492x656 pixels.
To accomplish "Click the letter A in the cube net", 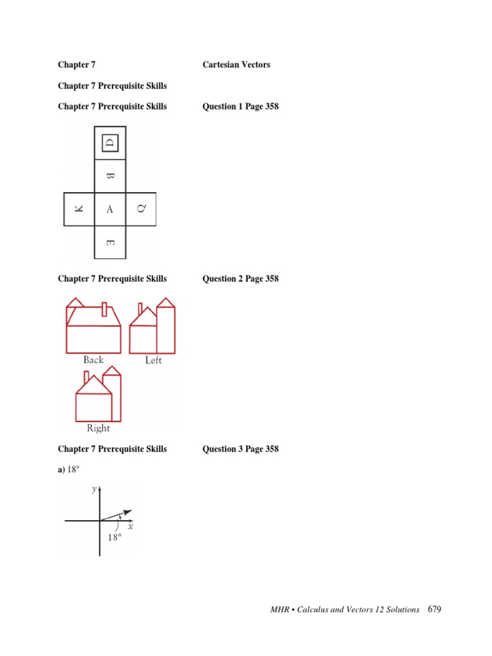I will tap(110, 209).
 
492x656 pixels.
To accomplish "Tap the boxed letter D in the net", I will tap(110, 142).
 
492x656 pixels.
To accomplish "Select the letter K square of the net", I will tap(79, 209).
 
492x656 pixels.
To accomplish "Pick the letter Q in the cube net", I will tap(141, 209).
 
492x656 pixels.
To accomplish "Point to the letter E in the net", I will tap(110, 243).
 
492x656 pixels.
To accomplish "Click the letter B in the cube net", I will tap(110, 176).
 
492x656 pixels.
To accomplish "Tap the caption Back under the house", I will tap(94, 360).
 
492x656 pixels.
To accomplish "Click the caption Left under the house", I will tap(154, 360).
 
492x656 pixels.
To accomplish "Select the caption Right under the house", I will tap(98, 428).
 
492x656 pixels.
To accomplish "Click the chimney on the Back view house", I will tap(104, 310).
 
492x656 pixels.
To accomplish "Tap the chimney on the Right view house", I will tap(86, 376).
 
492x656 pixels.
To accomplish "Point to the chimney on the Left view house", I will tap(140, 309).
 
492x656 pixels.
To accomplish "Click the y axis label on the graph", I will tap(94, 489).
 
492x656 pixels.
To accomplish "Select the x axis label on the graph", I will tap(130, 527).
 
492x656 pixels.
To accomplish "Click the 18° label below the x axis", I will tap(114, 538).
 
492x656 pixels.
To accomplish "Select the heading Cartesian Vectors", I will tap(236, 65).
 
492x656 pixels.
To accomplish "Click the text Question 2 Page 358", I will tap(240, 279).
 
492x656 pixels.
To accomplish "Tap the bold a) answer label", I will tap(61, 470).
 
